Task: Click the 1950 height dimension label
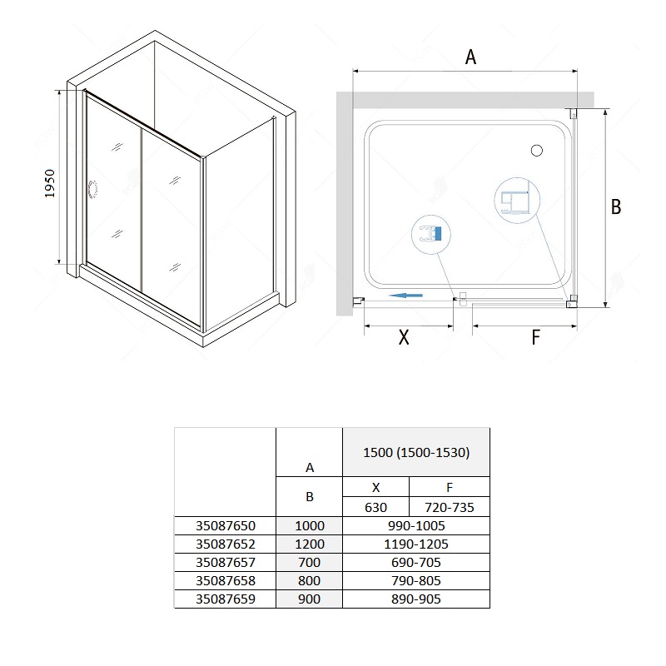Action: pyautogui.click(x=50, y=183)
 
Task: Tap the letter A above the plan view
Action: pyautogui.click(x=470, y=57)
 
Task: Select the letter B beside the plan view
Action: pyautogui.click(x=616, y=206)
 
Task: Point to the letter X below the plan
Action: pyautogui.click(x=404, y=337)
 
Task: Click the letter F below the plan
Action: pyautogui.click(x=535, y=337)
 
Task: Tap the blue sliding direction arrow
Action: pyautogui.click(x=405, y=296)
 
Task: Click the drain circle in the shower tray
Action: pyautogui.click(x=537, y=151)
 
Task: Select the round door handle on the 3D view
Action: pyautogui.click(x=92, y=190)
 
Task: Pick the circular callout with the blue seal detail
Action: pyautogui.click(x=431, y=234)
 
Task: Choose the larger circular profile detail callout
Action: pyautogui.click(x=517, y=200)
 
